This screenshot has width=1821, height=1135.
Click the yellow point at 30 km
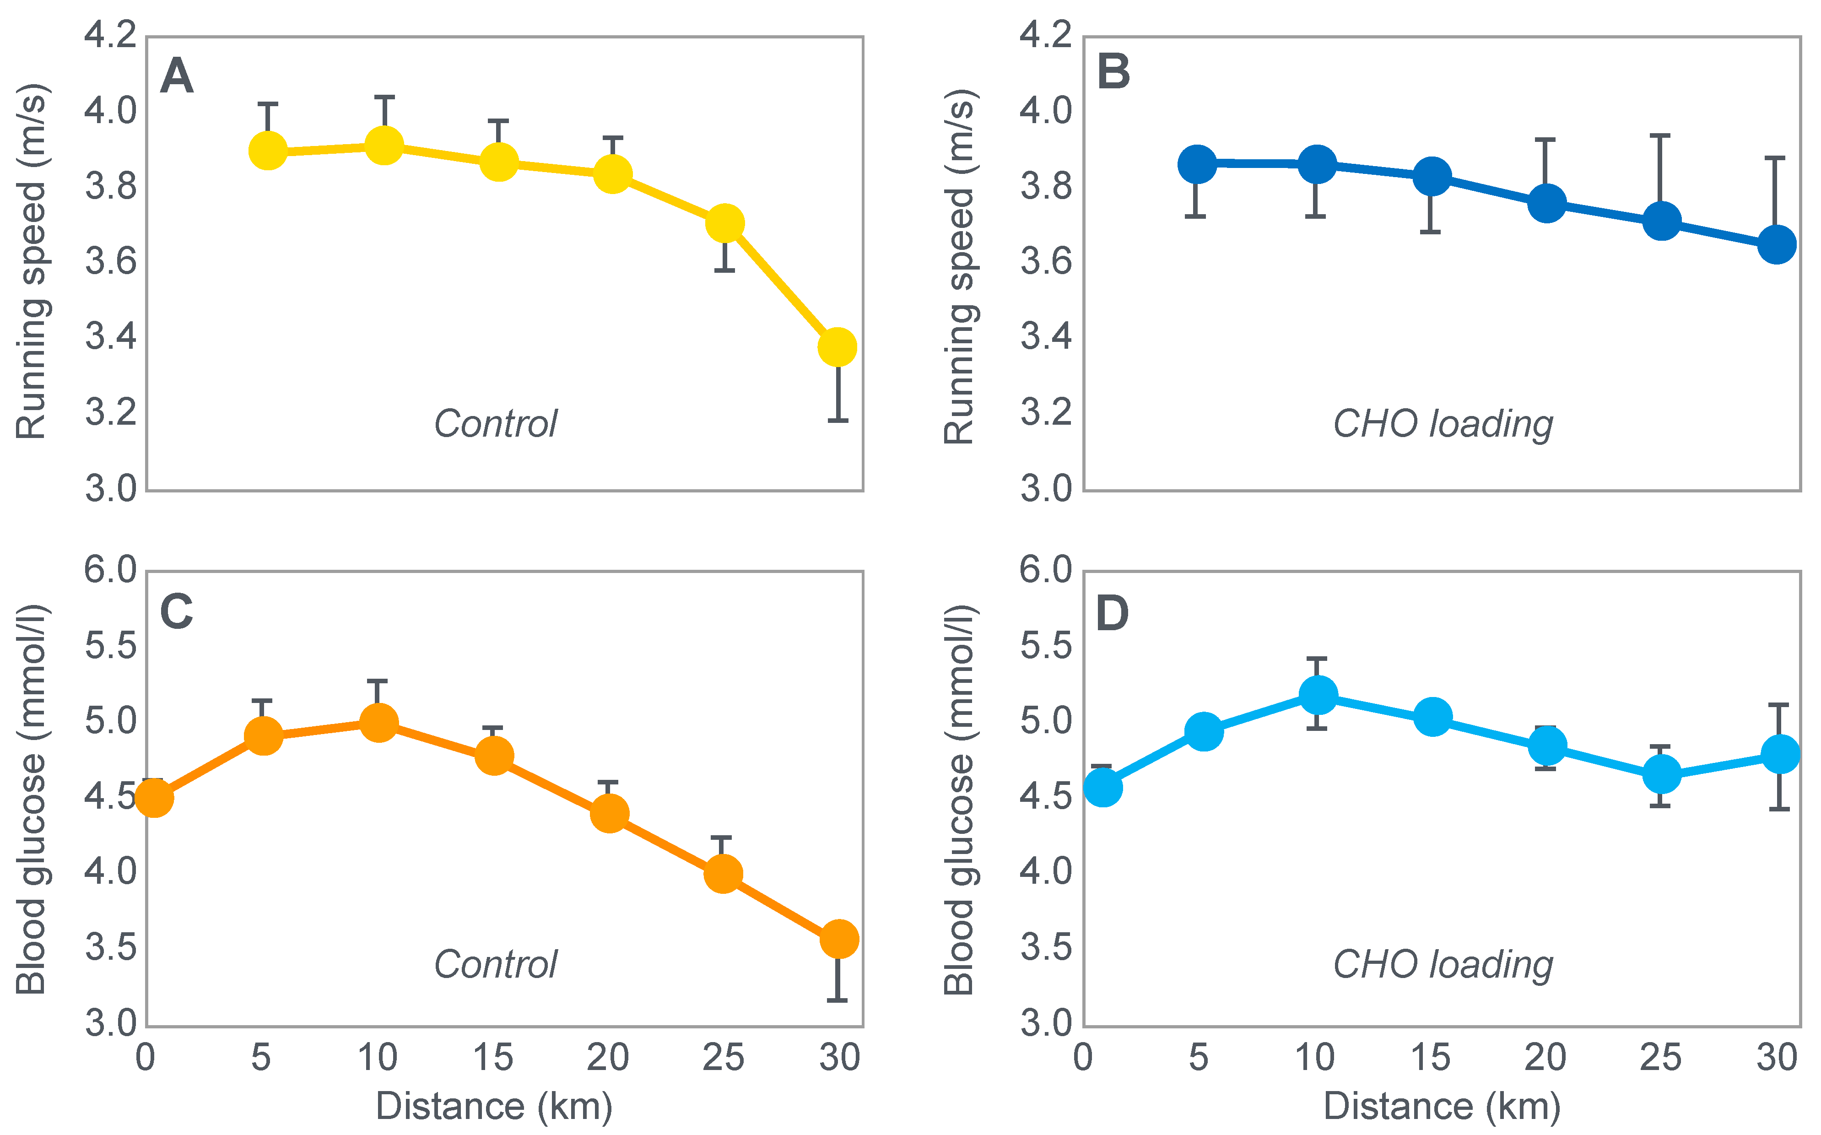[837, 347]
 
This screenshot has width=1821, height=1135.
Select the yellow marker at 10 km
[384, 145]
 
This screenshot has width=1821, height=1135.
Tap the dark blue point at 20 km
[1546, 203]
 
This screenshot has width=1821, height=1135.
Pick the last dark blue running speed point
[1777, 244]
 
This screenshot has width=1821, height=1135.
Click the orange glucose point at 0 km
[154, 797]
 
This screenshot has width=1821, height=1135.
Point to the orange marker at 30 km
[838, 939]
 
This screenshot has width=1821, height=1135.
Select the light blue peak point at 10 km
[1317, 694]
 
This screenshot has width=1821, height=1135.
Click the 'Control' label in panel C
[495, 965]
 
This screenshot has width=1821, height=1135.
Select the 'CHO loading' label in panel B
[1443, 425]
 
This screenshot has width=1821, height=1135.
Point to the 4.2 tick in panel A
[110, 35]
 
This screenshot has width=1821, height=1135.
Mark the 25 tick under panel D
[1660, 1058]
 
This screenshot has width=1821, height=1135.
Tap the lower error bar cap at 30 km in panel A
[838, 421]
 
